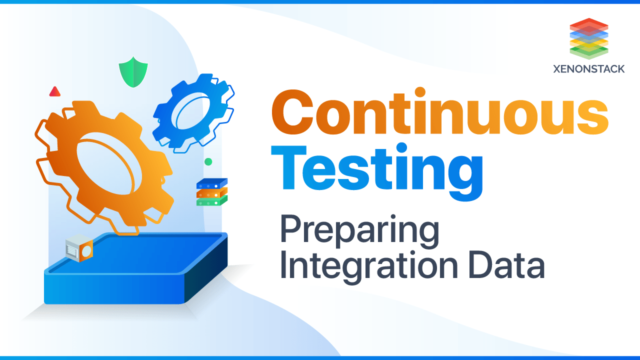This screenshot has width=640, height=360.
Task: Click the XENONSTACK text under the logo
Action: tap(588, 69)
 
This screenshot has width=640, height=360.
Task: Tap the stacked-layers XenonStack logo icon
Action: tap(588, 38)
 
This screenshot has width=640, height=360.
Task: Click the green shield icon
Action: tap(133, 71)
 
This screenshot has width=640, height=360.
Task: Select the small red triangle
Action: tap(54, 91)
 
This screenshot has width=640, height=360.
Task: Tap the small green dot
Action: tap(208, 161)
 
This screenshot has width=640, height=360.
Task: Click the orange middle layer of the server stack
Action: tap(211, 193)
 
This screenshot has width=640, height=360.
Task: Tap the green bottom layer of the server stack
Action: tap(211, 201)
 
